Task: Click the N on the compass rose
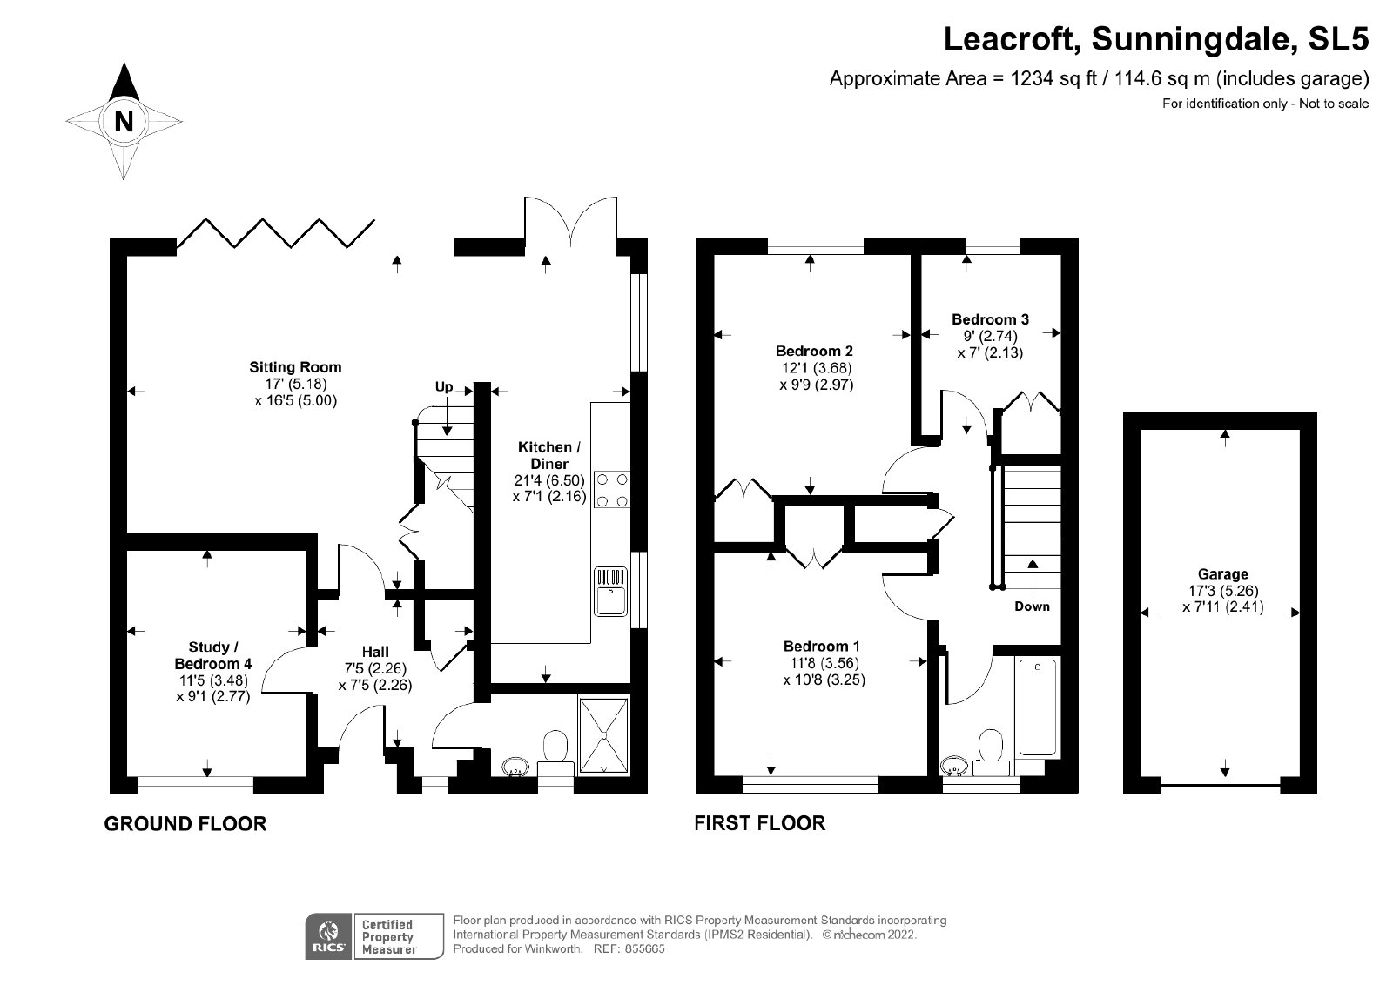click(x=124, y=121)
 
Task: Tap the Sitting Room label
click(x=295, y=367)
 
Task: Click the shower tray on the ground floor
click(x=603, y=736)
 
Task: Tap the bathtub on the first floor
click(x=1037, y=707)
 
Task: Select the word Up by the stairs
click(x=444, y=386)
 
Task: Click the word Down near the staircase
click(x=1032, y=606)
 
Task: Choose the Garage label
click(x=1222, y=574)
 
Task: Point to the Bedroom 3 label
click(x=990, y=319)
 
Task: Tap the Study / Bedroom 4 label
click(x=212, y=655)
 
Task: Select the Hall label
click(x=375, y=651)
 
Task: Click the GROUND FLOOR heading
click(x=185, y=824)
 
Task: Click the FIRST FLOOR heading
click(x=760, y=823)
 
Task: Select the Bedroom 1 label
click(x=822, y=647)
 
